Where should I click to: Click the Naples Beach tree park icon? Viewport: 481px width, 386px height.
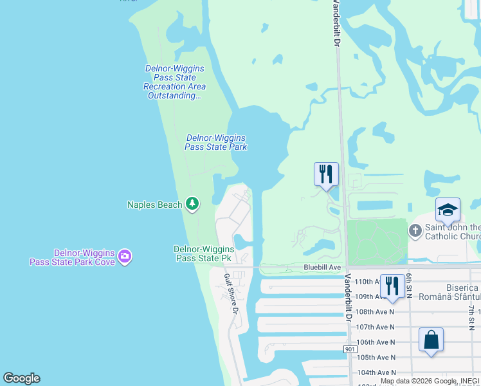click(x=192, y=204)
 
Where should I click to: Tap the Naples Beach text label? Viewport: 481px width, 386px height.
click(x=155, y=205)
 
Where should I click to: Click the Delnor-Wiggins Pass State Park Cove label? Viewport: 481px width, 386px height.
click(x=72, y=257)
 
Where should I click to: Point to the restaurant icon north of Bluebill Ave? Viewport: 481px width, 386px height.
click(x=326, y=174)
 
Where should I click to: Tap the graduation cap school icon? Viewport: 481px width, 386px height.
click(x=448, y=209)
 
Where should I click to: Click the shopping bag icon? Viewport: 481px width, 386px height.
click(x=431, y=339)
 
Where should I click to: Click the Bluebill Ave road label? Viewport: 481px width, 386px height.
click(x=322, y=268)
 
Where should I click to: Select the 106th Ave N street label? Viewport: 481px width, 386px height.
click(x=376, y=342)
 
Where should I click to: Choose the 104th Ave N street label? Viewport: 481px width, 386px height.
click(x=376, y=372)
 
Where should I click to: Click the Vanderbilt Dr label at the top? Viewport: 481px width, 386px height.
click(x=336, y=23)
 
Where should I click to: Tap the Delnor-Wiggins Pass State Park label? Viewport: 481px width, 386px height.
click(x=216, y=142)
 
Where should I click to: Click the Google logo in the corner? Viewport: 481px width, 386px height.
click(x=21, y=378)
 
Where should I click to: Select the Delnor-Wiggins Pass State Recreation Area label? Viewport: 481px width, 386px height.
click(x=175, y=82)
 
